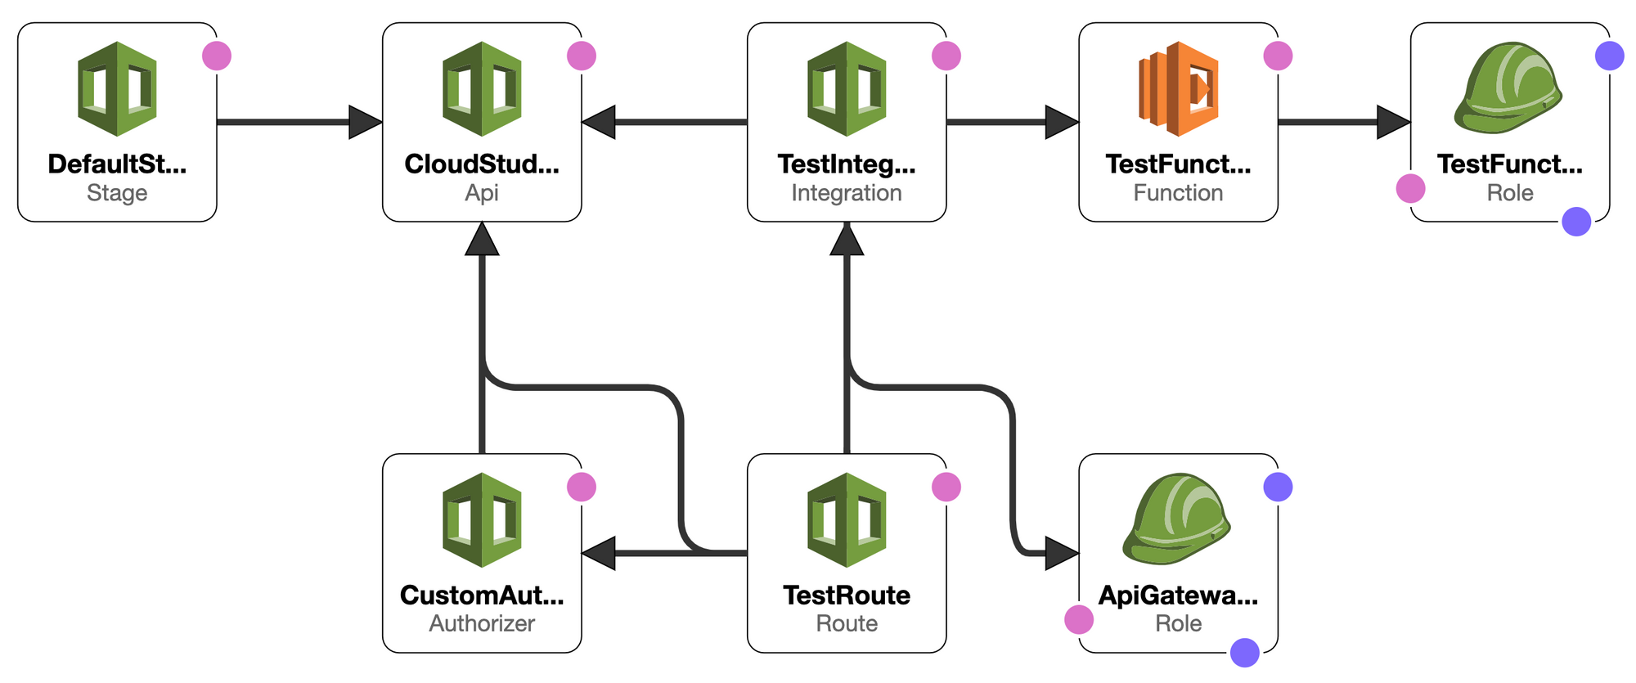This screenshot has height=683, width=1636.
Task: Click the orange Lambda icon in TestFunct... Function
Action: point(1178,88)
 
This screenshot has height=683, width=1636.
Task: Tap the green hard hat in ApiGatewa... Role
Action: point(1176,519)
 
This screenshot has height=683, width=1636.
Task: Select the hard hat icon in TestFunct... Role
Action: point(1508,88)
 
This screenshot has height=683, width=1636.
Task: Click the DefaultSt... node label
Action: point(117,164)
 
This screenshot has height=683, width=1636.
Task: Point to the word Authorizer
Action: point(482,623)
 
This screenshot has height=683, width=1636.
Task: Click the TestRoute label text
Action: point(847,595)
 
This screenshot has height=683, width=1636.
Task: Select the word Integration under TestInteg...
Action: point(847,193)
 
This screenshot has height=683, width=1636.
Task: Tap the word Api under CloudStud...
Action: point(482,193)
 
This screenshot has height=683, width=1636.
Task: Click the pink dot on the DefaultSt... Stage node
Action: point(217,56)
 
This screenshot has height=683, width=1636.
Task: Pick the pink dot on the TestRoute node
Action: point(946,488)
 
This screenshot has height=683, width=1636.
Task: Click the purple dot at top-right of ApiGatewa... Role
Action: point(1278,488)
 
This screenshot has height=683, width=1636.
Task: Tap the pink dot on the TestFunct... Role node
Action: point(1410,188)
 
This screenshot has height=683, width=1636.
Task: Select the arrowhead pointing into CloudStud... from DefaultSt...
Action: point(365,123)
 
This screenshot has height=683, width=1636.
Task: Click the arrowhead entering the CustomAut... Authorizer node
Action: point(599,554)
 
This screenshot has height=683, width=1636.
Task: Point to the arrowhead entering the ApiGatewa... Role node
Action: point(1062,554)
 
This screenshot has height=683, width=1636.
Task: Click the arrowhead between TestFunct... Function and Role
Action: point(1393,123)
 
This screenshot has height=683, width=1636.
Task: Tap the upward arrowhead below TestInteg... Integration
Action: point(847,239)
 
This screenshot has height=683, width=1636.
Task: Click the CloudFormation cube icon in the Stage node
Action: point(117,88)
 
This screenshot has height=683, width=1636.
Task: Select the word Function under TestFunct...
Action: point(1178,193)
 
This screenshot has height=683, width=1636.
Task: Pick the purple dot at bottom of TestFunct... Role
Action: point(1576,222)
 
